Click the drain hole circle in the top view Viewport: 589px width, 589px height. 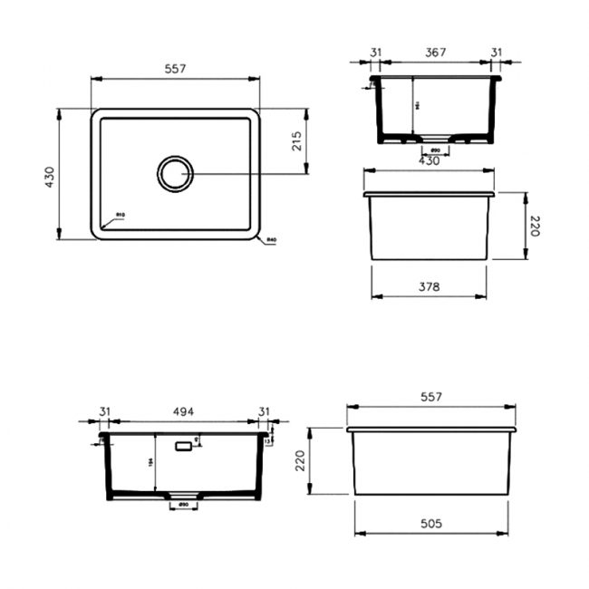tap(175, 173)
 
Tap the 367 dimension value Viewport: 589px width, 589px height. tap(436, 53)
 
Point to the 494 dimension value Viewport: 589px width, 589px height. tap(186, 411)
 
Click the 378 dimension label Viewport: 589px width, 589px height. tap(429, 287)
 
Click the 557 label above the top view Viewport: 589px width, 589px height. tap(175, 70)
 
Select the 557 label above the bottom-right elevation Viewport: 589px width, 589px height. tap(431, 397)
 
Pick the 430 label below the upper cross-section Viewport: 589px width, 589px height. tap(429, 160)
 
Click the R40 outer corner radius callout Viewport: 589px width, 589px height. tap(270, 240)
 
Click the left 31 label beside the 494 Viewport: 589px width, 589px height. tap(104, 411)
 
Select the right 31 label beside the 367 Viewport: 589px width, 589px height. tap(495, 53)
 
